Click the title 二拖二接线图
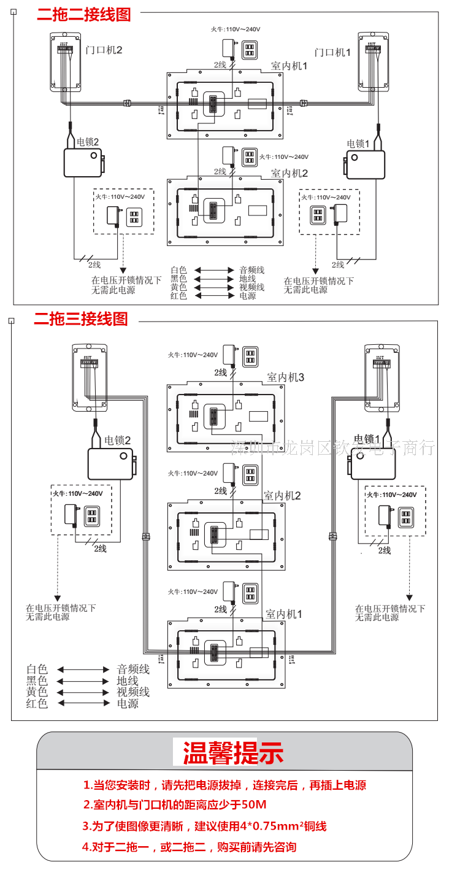84,13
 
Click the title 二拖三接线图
81,319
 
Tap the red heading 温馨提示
233,753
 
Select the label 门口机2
104,50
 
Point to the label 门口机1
332,53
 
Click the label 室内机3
285,377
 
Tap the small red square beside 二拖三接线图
10,319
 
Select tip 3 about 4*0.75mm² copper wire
204,826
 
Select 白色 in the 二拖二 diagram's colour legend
178,269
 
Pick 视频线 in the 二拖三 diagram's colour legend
133,692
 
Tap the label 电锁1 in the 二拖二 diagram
359,144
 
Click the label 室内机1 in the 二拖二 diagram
289,66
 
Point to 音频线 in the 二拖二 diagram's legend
251,269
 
